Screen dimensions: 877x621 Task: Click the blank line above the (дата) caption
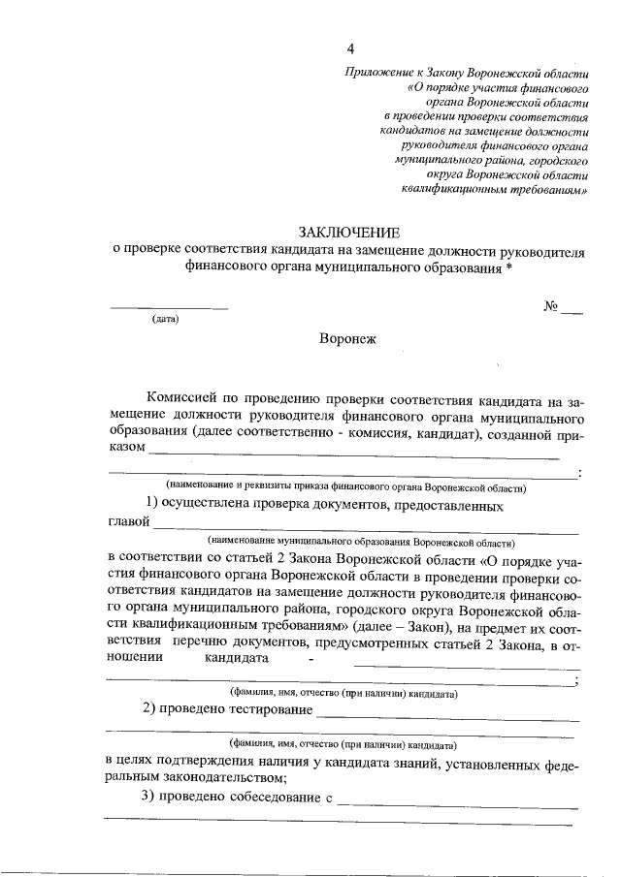[169, 308]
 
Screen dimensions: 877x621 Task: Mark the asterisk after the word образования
[508, 267]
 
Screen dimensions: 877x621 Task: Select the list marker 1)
[151, 505]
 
